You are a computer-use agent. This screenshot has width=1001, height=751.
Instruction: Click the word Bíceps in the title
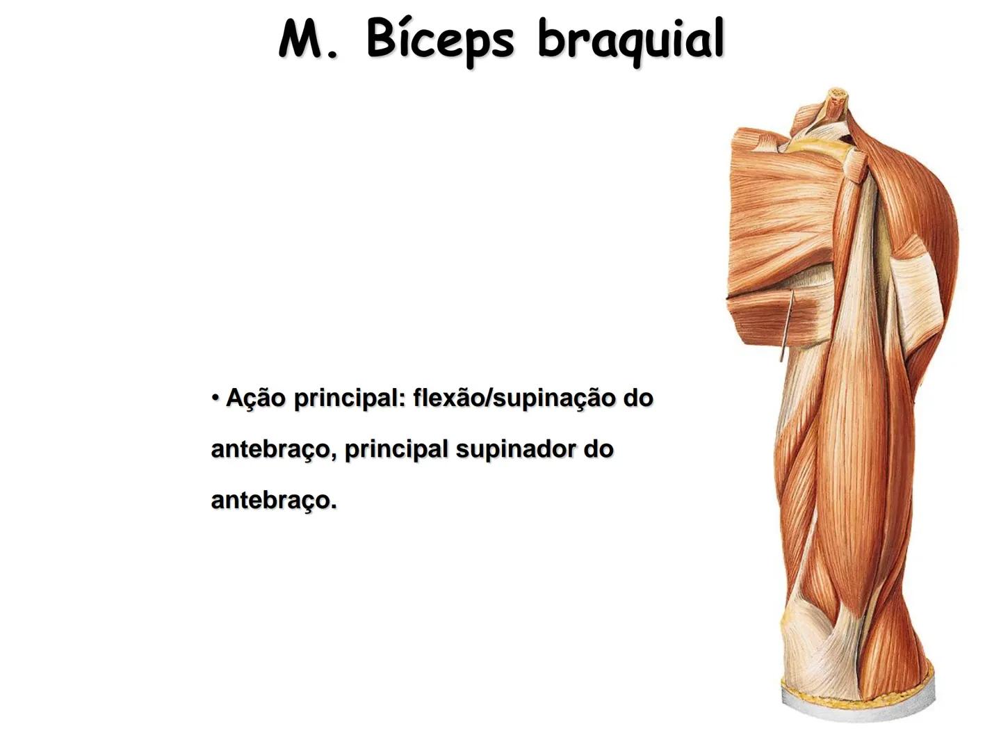click(439, 40)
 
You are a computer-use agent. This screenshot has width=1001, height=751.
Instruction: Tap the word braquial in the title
click(630, 40)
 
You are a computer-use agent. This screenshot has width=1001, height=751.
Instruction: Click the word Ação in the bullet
click(255, 398)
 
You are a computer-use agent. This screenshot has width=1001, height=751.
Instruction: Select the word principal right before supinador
click(396, 450)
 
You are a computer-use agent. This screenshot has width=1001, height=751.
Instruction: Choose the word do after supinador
click(599, 450)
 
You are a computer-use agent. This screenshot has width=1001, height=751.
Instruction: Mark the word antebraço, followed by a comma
click(275, 450)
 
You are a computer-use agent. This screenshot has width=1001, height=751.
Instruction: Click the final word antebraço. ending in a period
click(274, 501)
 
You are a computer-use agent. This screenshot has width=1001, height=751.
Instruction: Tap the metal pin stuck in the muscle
click(786, 327)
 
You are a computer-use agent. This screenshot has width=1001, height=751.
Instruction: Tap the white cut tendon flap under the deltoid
click(918, 292)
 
